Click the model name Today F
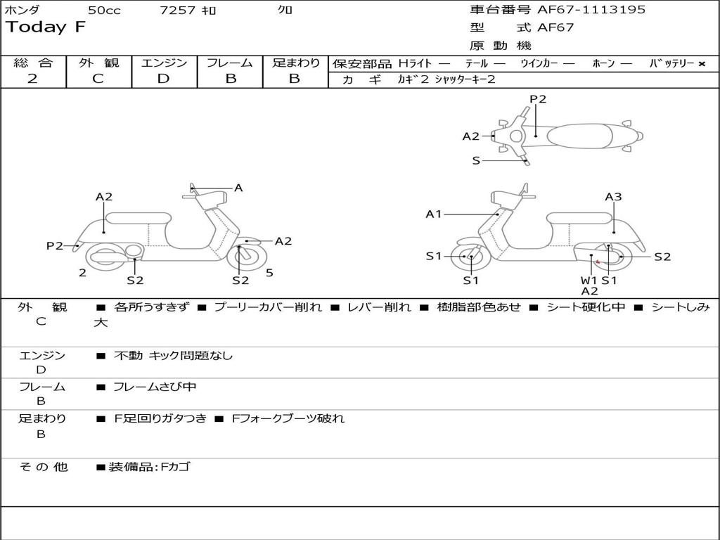tap(45, 28)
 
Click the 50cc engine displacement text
tap(104, 11)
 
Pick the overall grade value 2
tap(32, 79)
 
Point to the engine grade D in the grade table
tap(163, 79)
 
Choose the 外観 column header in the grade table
tap(98, 63)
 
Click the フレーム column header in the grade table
tap(230, 63)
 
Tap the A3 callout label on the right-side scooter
tap(613, 197)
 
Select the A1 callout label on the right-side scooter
tap(433, 214)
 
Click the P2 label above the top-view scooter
tap(538, 99)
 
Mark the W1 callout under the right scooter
tap(589, 280)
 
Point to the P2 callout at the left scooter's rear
tap(54, 245)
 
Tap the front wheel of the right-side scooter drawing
tap(470, 257)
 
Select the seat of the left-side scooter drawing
tap(138, 218)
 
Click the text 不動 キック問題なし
tap(173, 356)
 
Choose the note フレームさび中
tap(155, 387)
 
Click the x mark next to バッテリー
tap(701, 63)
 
